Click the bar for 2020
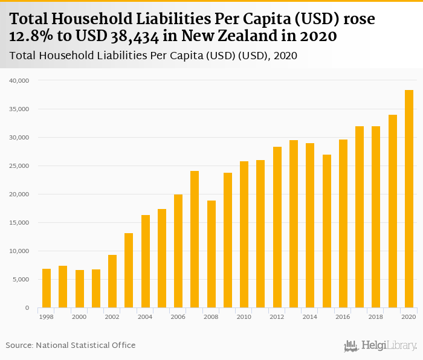coord(409,199)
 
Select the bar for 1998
coord(47,288)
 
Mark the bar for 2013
coord(294,223)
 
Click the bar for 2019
coord(393,211)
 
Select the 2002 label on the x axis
coord(112,317)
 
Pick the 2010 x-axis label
coord(244,317)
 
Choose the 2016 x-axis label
coord(343,317)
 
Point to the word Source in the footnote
coord(19,345)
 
